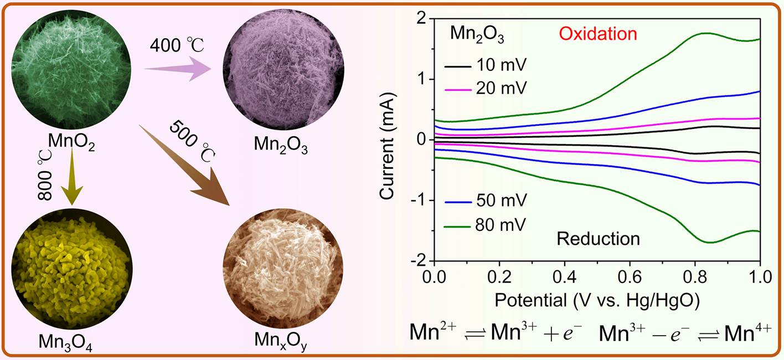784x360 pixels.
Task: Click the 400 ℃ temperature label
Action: [x=175, y=45]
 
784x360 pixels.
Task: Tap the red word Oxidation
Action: [x=598, y=34]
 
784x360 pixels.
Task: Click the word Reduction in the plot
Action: [x=598, y=239]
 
